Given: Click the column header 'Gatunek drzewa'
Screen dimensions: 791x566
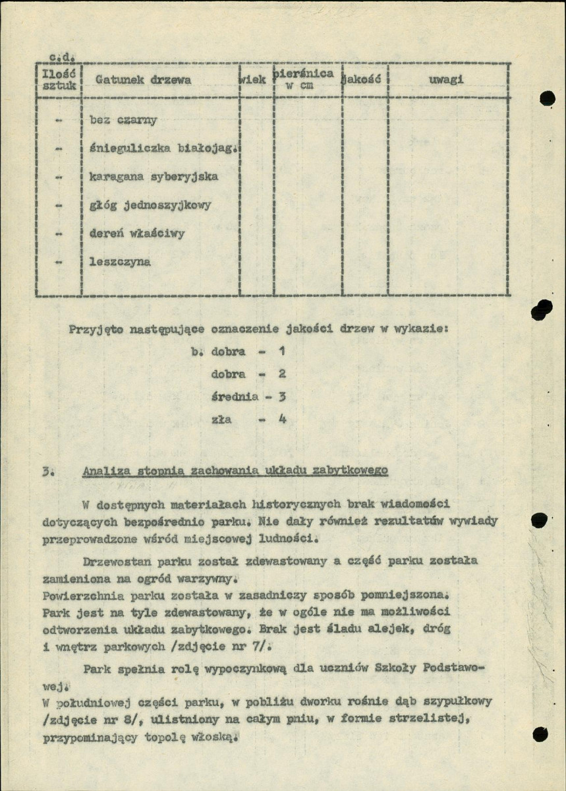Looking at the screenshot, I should [x=143, y=80].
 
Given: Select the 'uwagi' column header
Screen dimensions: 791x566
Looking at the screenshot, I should [x=446, y=80].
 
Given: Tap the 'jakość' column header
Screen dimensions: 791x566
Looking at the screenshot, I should [x=364, y=80].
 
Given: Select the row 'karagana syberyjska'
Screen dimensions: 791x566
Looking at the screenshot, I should [x=154, y=177].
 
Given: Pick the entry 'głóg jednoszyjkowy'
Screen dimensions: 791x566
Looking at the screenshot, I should [x=150, y=205].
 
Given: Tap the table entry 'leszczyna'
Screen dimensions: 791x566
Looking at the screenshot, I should [x=119, y=262].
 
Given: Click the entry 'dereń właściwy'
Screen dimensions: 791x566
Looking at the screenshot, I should [x=137, y=234].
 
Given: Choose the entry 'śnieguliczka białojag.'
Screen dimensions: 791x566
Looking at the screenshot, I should [x=162, y=149].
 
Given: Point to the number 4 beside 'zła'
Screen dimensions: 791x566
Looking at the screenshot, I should [x=282, y=420].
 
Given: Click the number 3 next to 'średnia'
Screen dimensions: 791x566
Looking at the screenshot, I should [x=282, y=397].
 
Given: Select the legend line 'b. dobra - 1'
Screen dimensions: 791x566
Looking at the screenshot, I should [x=238, y=352].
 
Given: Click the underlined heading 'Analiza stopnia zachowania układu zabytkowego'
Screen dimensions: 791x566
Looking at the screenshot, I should [x=235, y=470].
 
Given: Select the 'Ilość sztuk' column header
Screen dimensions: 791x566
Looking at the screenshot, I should [x=59, y=80].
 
